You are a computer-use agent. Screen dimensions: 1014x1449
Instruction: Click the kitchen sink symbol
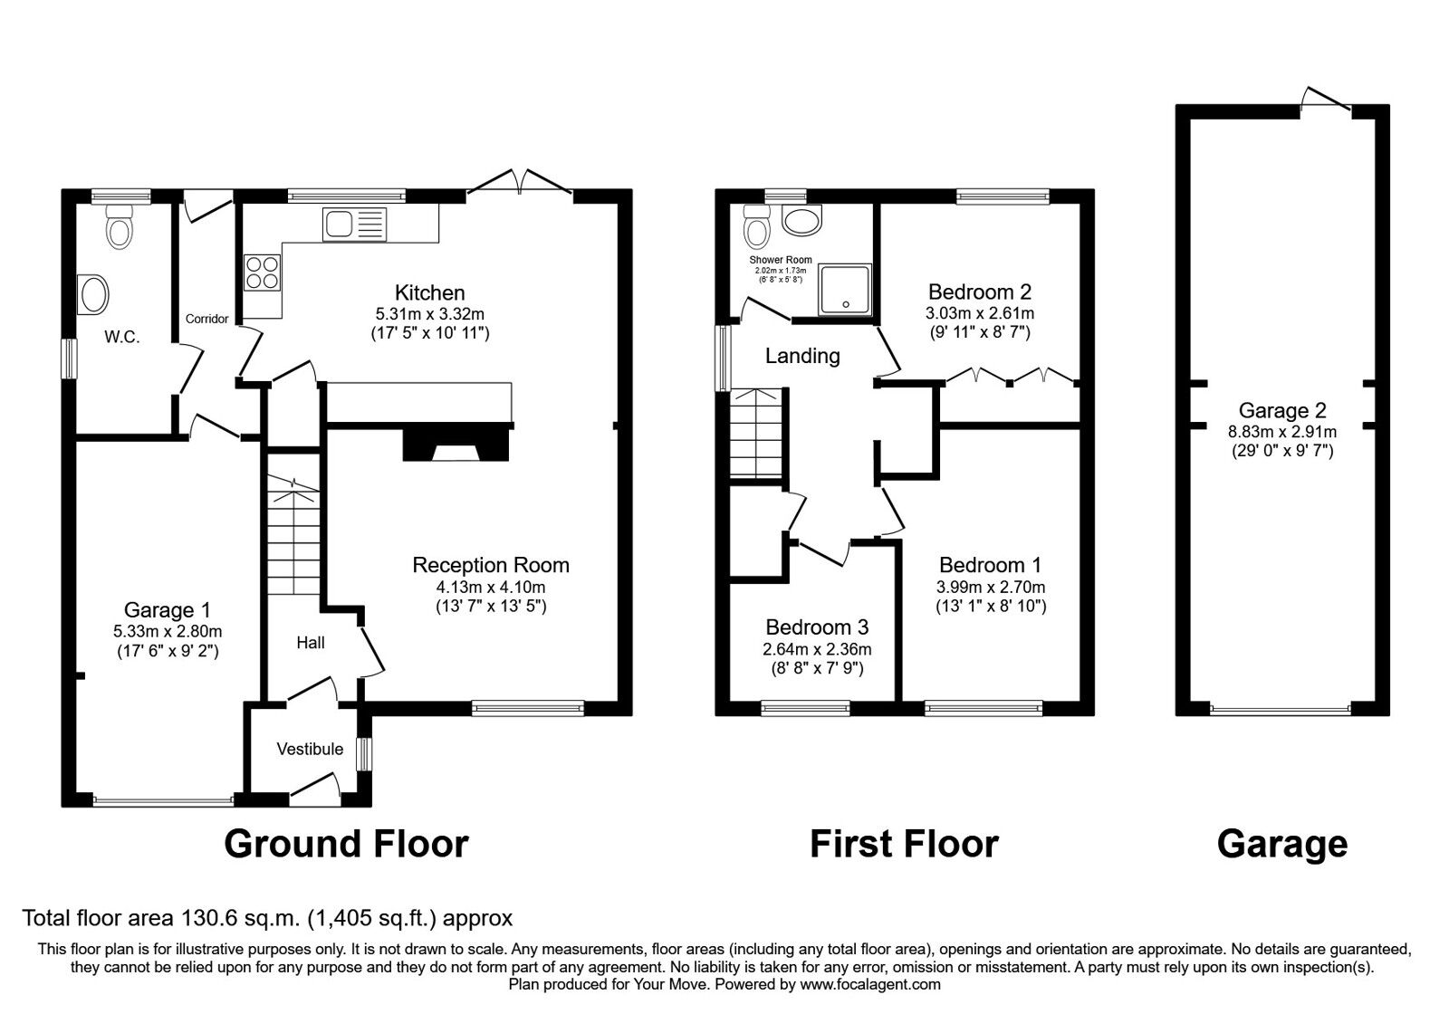click(353, 224)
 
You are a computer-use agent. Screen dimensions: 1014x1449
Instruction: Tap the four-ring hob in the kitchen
click(262, 273)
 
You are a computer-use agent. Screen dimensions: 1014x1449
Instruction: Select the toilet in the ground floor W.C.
click(119, 226)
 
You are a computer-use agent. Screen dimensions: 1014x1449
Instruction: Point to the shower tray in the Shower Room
click(845, 290)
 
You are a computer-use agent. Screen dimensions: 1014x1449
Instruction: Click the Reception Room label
click(491, 565)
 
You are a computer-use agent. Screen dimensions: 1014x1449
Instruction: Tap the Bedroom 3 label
click(817, 627)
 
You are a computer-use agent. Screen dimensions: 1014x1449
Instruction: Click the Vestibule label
click(310, 749)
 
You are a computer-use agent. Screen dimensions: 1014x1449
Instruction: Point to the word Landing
click(802, 356)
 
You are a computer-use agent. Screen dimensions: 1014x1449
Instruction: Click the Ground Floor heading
click(346, 844)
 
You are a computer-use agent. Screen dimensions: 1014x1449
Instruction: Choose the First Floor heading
click(904, 844)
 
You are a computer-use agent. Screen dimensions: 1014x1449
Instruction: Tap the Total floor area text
click(267, 918)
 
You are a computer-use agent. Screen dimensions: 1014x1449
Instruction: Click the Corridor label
click(207, 319)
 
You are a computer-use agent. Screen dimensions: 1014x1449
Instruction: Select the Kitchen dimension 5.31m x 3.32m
click(430, 313)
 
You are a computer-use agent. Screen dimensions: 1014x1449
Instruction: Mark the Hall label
click(311, 643)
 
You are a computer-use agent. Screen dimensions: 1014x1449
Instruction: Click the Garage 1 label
click(168, 610)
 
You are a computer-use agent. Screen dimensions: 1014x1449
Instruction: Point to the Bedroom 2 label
click(980, 292)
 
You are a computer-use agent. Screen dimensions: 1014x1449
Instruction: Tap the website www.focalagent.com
click(870, 984)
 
